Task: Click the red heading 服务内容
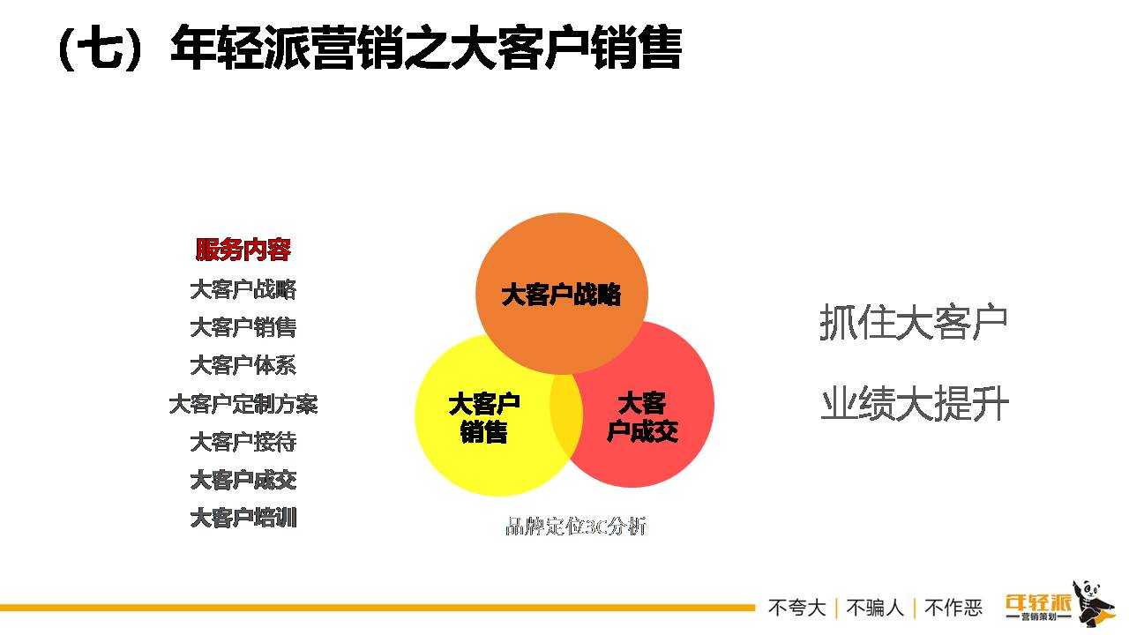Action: click(243, 250)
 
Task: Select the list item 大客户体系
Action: click(243, 365)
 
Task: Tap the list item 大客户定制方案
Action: click(243, 404)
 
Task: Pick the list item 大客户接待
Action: click(243, 442)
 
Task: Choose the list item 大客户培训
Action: click(243, 518)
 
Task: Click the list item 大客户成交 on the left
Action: click(243, 480)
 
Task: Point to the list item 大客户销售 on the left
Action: click(243, 327)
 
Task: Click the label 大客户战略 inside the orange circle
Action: click(561, 295)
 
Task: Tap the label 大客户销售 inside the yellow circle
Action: click(484, 418)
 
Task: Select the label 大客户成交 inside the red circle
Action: click(642, 417)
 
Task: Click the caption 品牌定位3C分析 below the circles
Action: click(576, 527)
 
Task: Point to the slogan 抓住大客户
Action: click(913, 322)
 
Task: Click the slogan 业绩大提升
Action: click(915, 403)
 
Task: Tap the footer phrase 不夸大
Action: click(796, 608)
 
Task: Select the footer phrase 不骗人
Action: click(875, 608)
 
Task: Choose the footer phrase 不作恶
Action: click(953, 608)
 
